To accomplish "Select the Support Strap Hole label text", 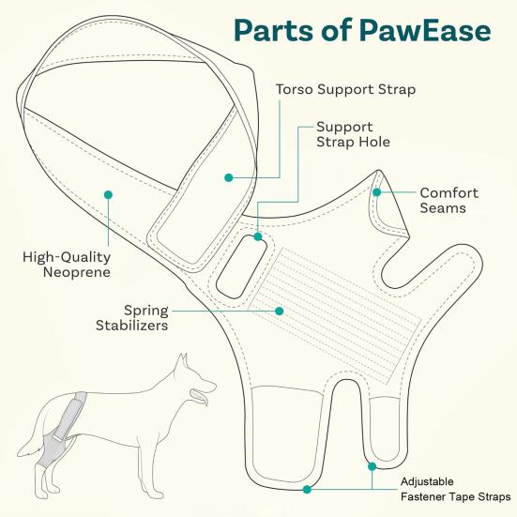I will (x=353, y=133).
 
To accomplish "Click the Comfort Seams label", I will (x=449, y=200).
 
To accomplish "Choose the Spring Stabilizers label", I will (x=132, y=317).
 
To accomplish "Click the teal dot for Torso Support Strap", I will (x=227, y=175).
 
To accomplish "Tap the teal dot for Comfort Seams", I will (x=376, y=192).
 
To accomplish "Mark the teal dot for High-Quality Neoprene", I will (x=109, y=194).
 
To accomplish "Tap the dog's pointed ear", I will (x=183, y=360).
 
